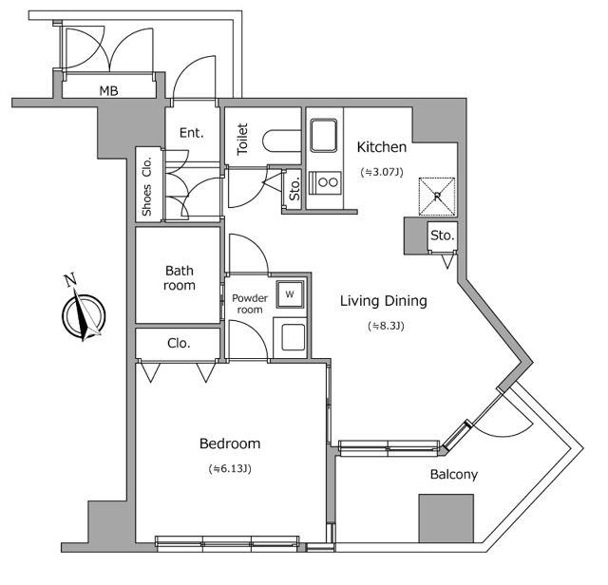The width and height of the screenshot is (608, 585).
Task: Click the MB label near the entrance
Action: pos(109,91)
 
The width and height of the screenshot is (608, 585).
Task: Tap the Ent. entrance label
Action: pos(192,133)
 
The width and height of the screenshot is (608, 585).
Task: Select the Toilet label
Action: pos(243,140)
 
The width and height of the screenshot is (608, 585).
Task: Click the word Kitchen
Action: pos(382,147)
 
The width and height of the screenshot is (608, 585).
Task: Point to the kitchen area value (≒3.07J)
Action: pos(382,173)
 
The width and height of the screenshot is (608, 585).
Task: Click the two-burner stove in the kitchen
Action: pos(327,181)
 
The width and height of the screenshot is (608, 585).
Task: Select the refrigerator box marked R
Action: pos(437,196)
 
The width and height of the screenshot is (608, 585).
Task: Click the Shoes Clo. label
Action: pos(147,185)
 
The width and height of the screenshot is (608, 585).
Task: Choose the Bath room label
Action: pos(180,277)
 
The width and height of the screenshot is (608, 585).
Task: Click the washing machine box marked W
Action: pos(290,293)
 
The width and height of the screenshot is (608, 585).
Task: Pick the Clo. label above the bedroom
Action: pos(180,343)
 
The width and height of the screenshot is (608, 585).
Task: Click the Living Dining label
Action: pos(384,301)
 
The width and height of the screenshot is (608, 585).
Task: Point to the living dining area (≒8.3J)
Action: pos(384,326)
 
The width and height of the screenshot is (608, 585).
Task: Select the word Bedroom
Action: pos(229,443)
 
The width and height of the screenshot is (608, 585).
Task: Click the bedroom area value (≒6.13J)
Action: pos(229,468)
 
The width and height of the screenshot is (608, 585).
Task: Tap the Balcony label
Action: pos(453,474)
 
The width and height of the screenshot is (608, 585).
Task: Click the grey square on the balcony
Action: pos(446,519)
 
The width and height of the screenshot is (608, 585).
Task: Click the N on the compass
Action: pos(69,279)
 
